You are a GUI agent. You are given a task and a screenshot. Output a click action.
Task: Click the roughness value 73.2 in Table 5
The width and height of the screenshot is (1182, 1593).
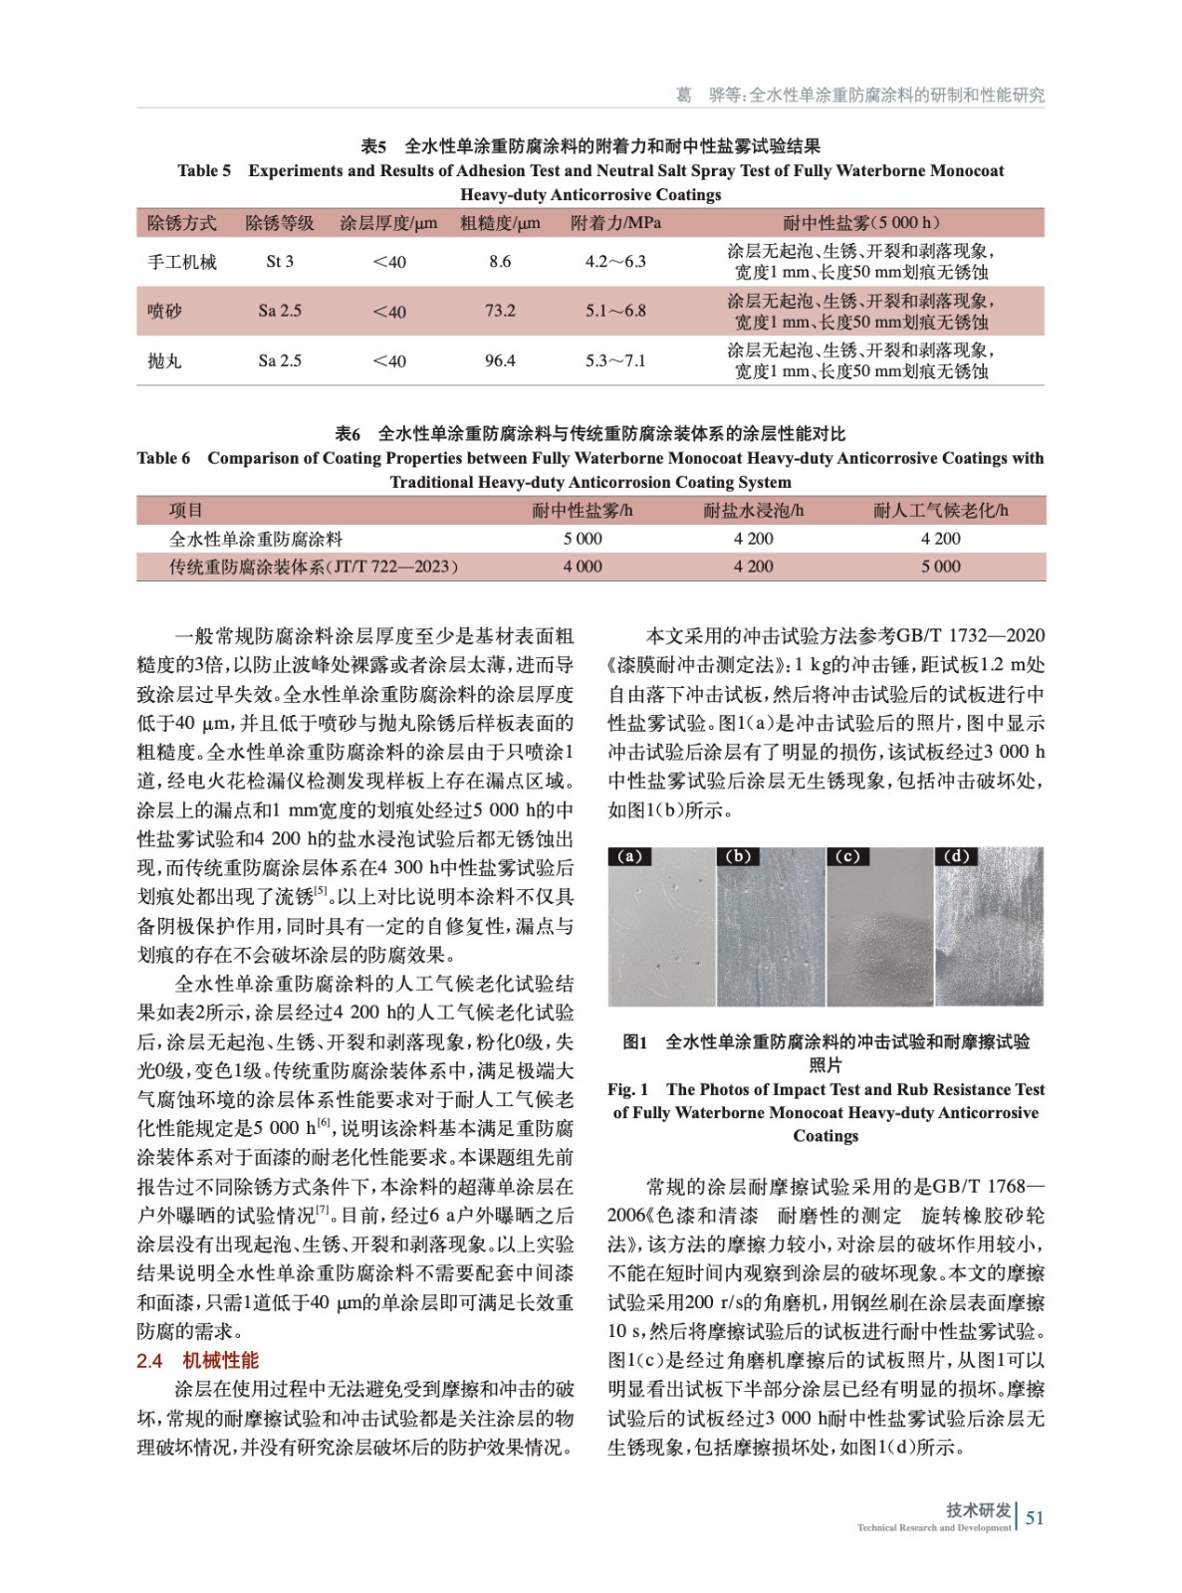[x=500, y=311]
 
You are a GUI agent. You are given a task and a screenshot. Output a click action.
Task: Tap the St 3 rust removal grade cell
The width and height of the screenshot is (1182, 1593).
[x=280, y=262]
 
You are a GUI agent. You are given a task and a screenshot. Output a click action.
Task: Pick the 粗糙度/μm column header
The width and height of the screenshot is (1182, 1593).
[x=500, y=223]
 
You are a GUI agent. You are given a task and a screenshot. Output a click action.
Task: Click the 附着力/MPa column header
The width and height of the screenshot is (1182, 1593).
[x=615, y=223]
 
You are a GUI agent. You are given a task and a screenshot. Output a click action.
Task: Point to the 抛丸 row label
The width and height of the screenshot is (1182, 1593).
[x=164, y=360]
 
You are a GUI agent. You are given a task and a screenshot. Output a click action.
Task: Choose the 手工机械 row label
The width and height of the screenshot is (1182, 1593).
[x=182, y=262]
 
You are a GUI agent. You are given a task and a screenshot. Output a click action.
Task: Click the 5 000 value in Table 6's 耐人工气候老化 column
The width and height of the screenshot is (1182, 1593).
[x=940, y=567]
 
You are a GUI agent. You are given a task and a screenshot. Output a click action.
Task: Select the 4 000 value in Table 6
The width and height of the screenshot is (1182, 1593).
[x=583, y=567]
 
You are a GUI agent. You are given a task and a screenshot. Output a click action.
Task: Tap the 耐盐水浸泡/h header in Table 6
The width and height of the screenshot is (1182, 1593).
[x=754, y=511]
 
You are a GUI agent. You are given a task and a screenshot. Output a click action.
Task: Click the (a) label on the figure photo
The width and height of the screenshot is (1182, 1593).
[x=630, y=856]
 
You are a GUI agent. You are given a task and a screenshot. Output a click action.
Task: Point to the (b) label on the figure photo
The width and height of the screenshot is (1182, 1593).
[x=739, y=856]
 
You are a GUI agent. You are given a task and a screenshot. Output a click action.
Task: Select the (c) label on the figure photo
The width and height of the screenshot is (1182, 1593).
[x=847, y=856]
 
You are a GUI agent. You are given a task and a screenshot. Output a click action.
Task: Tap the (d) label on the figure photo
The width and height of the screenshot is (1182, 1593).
[x=956, y=856]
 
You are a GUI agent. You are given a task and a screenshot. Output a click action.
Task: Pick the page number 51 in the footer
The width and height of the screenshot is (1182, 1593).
[x=1035, y=1517]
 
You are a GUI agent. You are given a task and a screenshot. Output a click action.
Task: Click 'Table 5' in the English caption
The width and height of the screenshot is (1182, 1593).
[x=204, y=171]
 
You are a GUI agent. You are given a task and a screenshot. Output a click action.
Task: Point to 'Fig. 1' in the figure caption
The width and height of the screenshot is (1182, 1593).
[x=628, y=1089]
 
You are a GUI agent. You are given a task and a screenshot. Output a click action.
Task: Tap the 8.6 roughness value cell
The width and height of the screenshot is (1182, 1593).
[x=500, y=262]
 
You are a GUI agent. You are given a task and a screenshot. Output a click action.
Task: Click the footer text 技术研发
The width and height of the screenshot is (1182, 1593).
[x=978, y=1510]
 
